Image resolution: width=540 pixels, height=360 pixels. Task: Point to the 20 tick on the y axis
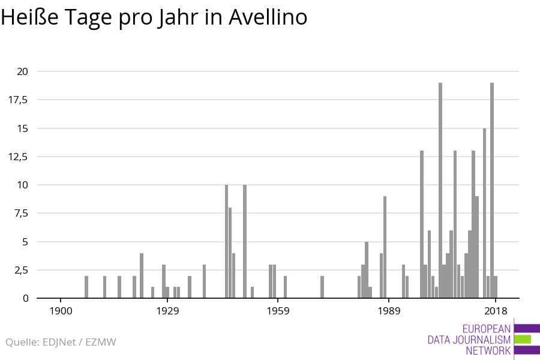point(22,71)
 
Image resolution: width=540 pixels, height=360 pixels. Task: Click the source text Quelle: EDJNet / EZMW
point(61,342)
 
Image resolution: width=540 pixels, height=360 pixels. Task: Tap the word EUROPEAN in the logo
point(487,329)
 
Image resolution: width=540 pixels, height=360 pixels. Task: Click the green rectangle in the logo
point(523,339)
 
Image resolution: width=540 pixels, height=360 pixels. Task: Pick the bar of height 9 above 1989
point(385,247)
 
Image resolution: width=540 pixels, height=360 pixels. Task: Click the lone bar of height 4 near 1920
point(142,275)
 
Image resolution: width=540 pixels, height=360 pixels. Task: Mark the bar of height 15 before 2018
point(485,213)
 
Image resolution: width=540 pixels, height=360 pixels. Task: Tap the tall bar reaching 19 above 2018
point(492,190)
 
